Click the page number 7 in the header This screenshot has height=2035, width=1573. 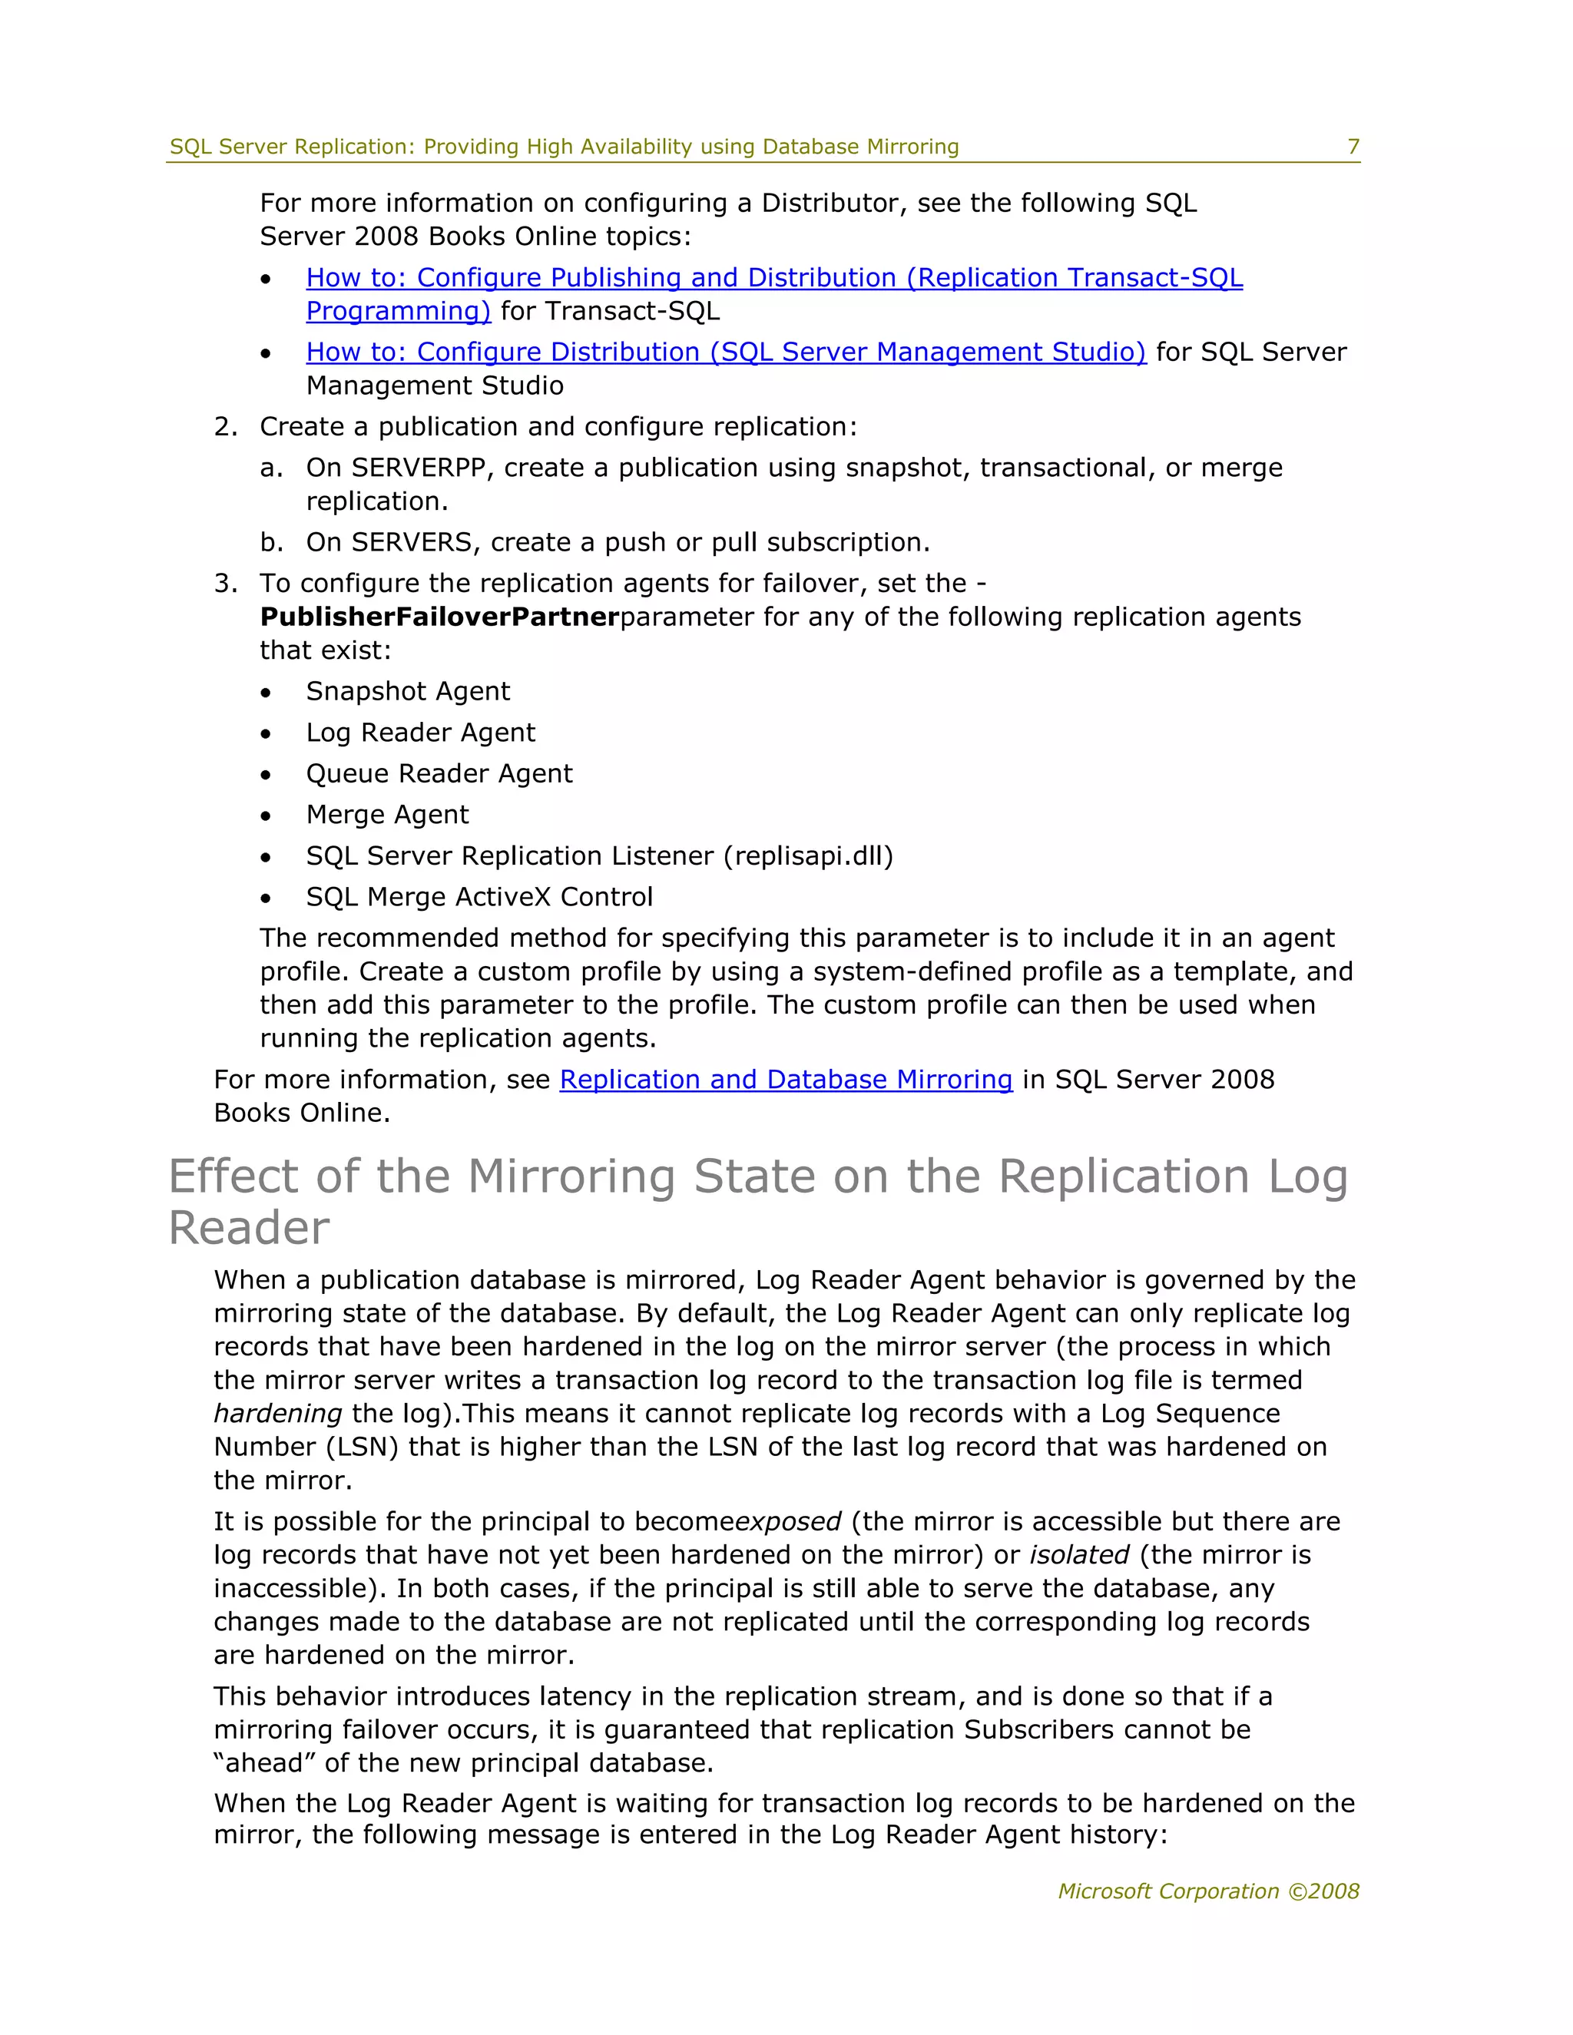[x=1353, y=147]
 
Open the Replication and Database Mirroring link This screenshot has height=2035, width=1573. [x=785, y=1079]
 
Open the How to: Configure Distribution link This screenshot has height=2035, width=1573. [x=725, y=352]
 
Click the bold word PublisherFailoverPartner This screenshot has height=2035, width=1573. [x=439, y=617]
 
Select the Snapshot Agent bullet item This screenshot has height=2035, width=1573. [x=407, y=691]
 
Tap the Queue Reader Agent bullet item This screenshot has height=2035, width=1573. [x=439, y=773]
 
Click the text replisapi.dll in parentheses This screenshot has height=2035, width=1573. [x=808, y=855]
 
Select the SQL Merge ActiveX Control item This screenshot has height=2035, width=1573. [x=479, y=896]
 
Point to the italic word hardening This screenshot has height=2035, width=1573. [x=278, y=1414]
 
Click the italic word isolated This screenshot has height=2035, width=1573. [x=1078, y=1555]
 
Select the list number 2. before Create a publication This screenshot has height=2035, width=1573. [x=226, y=427]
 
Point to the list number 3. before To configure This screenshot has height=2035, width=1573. [x=226, y=584]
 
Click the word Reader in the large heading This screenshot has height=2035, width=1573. [x=249, y=1228]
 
